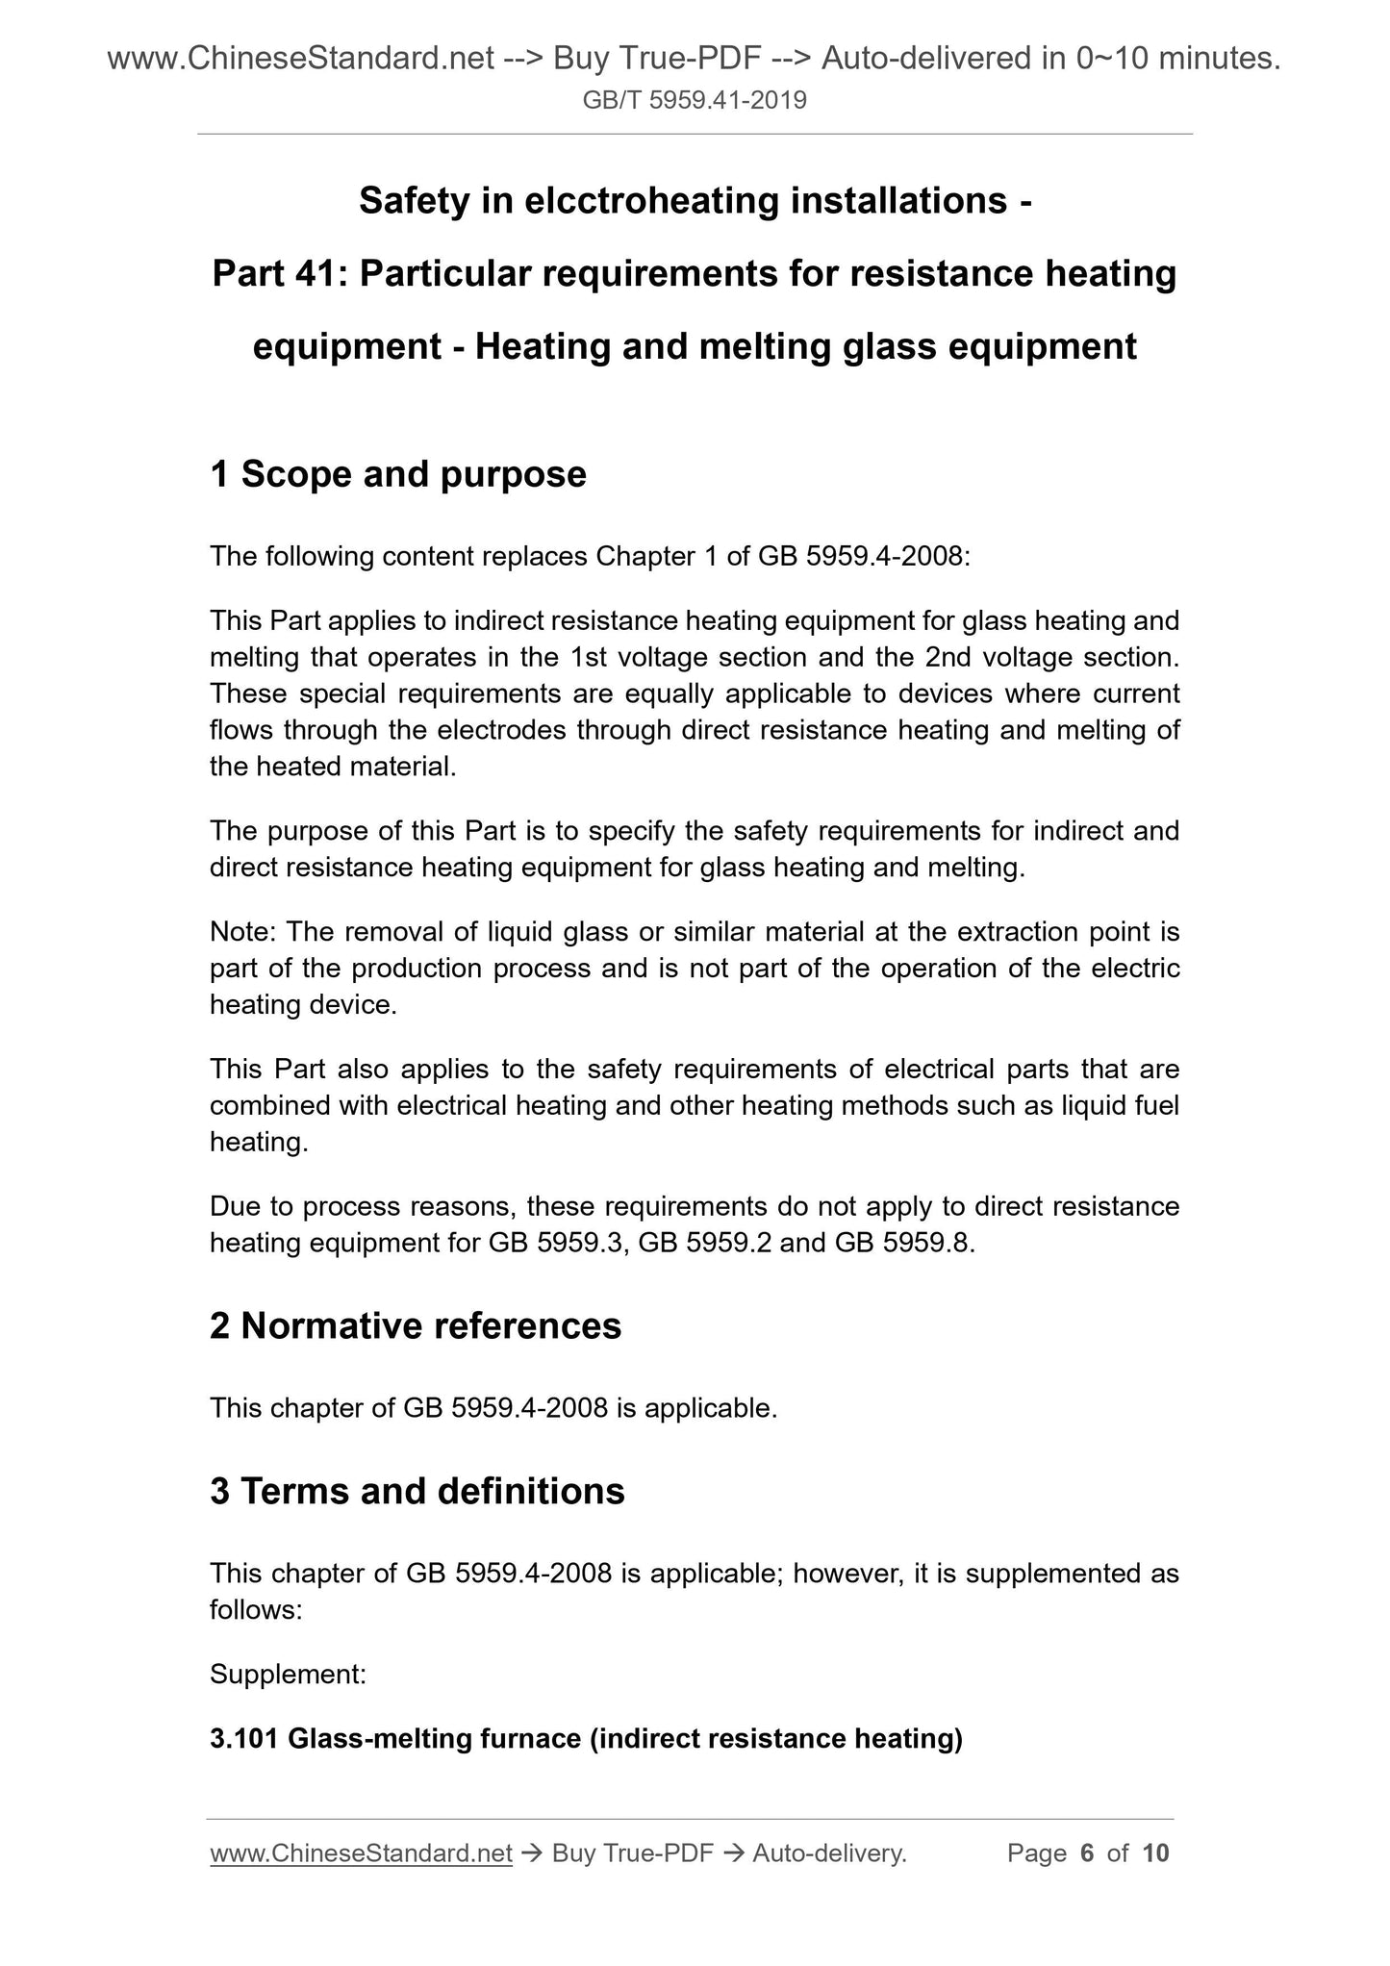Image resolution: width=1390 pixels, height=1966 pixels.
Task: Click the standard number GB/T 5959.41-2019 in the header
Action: pyautogui.click(x=695, y=99)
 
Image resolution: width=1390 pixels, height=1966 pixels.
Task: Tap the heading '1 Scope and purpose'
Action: pyautogui.click(x=398, y=474)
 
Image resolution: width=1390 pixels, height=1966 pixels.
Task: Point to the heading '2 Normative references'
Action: pyautogui.click(x=416, y=1325)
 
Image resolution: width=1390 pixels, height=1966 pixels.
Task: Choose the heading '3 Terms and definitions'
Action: pyautogui.click(x=417, y=1491)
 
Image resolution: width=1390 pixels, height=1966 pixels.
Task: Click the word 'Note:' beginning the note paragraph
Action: pyautogui.click(x=242, y=932)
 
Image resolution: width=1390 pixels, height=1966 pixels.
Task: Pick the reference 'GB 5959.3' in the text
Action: pyautogui.click(x=558, y=1244)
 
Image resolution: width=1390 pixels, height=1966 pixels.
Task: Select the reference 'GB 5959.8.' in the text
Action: pyautogui.click(x=905, y=1244)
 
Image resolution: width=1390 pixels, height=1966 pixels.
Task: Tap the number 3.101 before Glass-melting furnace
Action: pyautogui.click(x=244, y=1739)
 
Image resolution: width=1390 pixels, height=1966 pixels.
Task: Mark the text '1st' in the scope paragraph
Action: pyautogui.click(x=588, y=658)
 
